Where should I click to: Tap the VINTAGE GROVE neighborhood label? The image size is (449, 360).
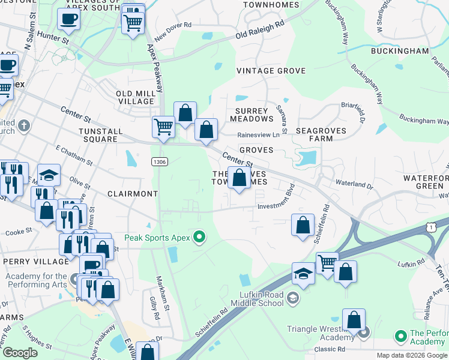[x=271, y=71]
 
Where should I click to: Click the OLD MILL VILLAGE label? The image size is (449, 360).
[x=135, y=98]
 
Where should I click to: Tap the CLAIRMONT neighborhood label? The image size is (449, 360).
[x=132, y=194]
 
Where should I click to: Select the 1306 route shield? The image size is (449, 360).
[x=160, y=161]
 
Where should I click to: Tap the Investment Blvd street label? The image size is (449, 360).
[x=277, y=205]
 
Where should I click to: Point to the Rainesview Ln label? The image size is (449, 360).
[x=258, y=135]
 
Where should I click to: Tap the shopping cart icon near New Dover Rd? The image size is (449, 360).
[x=132, y=23]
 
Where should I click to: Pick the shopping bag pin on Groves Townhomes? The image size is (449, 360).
[x=239, y=178]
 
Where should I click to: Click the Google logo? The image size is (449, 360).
[x=20, y=353]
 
